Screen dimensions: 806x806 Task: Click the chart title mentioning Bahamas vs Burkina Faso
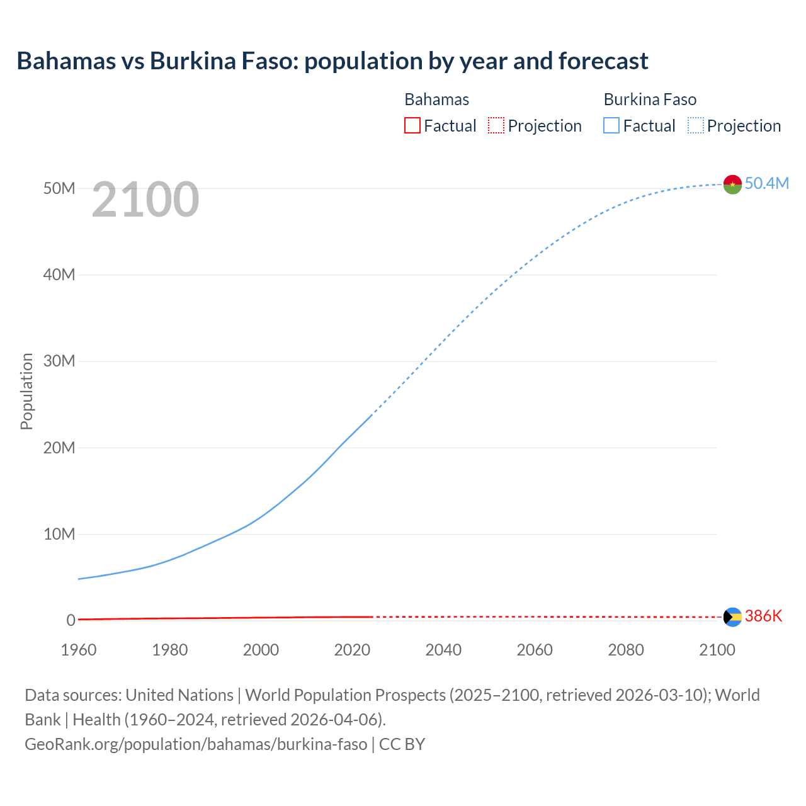pos(332,61)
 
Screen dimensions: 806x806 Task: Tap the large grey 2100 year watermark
pos(145,200)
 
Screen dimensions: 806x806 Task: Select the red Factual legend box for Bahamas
pos(412,125)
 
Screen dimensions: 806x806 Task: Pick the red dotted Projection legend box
pos(496,125)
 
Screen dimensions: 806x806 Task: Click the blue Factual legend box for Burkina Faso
pos(611,125)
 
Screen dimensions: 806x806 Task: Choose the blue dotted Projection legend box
pos(696,125)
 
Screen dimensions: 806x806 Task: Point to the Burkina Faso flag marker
pos(732,184)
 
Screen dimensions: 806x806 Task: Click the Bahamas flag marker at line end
pos(732,616)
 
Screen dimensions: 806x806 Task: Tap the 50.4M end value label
pos(766,183)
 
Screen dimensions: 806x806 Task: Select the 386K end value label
pos(763,616)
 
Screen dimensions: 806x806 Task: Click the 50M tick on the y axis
pos(59,188)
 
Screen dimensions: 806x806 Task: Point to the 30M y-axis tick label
pos(59,361)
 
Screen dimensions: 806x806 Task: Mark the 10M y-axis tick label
pos(59,534)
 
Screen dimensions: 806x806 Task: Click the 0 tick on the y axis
pos(71,620)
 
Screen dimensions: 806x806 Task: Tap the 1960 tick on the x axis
pos(79,650)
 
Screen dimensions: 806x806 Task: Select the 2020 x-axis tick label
pos(352,650)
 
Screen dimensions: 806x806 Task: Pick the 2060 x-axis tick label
pos(535,650)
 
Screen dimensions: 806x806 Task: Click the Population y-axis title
pos(26,391)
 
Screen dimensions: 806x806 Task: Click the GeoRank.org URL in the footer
pos(196,744)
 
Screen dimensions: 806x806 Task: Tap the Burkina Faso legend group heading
pos(650,99)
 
